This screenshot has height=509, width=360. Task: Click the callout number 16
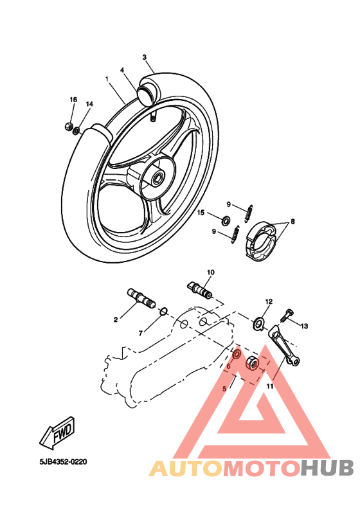(73, 100)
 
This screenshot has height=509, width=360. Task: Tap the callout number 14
(89, 104)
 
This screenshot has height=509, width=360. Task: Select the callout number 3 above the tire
(145, 57)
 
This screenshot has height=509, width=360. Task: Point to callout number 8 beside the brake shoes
(292, 222)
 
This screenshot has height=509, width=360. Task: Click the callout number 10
(210, 272)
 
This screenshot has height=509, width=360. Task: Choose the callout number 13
(304, 326)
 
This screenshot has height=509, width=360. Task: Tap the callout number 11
(270, 386)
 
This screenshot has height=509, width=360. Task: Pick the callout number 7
(141, 334)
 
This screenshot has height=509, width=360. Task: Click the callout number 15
(201, 213)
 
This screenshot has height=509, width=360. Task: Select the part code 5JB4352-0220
(62, 461)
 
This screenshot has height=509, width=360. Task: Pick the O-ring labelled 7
(164, 312)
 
